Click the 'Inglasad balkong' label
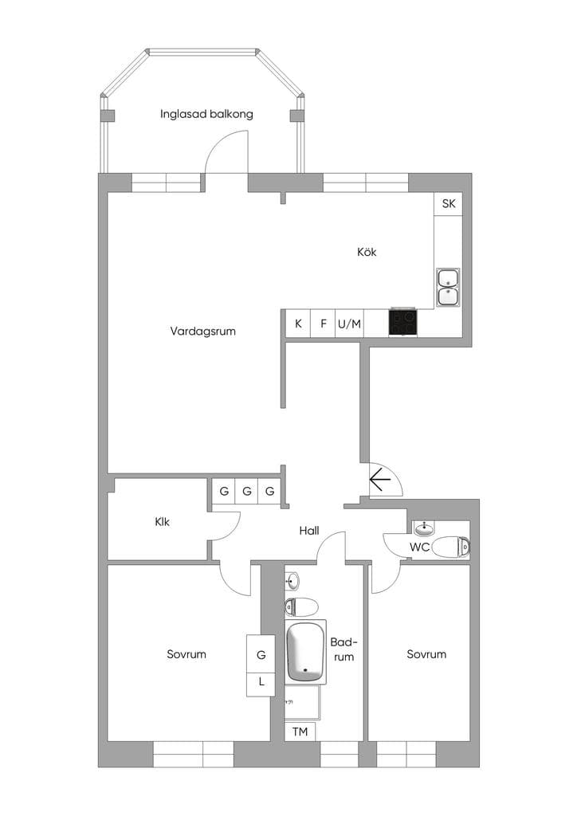206,114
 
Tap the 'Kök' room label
367,253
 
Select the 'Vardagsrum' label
203,331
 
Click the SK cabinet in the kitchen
448,204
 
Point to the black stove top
403,323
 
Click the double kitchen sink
448,287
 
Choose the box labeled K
298,324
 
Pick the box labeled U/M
350,324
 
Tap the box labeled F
323,324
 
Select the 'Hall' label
309,531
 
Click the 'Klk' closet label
163,521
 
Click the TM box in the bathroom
300,732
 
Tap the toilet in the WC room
450,547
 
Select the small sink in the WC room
425,529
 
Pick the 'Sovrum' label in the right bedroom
426,654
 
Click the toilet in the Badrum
301,606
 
